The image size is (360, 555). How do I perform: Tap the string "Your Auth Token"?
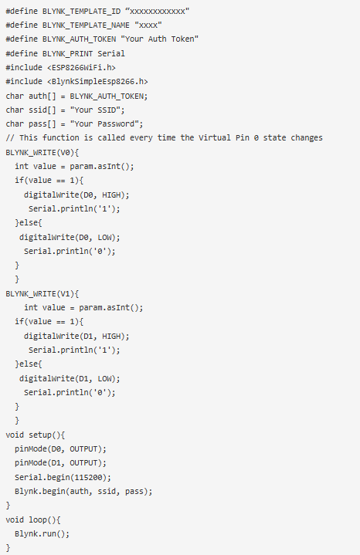point(159,39)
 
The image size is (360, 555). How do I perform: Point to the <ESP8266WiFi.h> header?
point(81,67)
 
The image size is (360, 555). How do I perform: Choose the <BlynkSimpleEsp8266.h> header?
point(97,81)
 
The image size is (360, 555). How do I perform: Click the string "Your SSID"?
point(95,110)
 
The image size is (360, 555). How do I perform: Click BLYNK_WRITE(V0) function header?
point(42,152)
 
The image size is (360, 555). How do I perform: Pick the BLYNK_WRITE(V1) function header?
point(42,293)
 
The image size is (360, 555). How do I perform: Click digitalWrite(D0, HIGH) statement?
point(76,195)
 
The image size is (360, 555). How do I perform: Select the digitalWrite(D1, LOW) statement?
point(70,378)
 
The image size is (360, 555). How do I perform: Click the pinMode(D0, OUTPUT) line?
point(60,448)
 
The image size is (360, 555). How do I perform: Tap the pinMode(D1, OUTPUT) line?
point(60,463)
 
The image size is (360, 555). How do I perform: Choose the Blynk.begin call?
point(83,491)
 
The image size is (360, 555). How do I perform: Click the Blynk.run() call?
point(42,533)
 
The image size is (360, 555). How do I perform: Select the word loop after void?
point(38,519)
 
